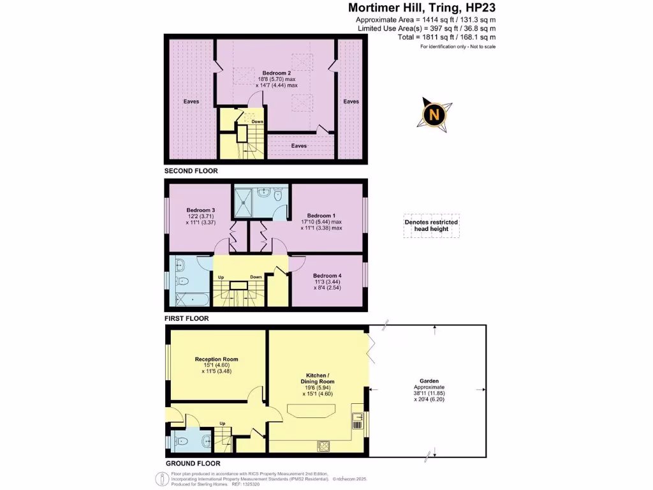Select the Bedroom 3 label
tap(200, 210)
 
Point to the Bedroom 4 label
tap(327, 276)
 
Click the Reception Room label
tap(216, 359)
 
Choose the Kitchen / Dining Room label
tap(318, 377)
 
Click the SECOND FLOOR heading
tap(191, 171)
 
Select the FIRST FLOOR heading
tap(187, 318)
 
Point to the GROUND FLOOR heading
tap(193, 463)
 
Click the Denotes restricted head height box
tap(431, 225)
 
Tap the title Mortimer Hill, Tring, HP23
tap(431, 8)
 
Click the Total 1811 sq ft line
tap(446, 38)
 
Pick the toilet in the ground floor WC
tap(203, 441)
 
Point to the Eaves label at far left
tap(191, 101)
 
